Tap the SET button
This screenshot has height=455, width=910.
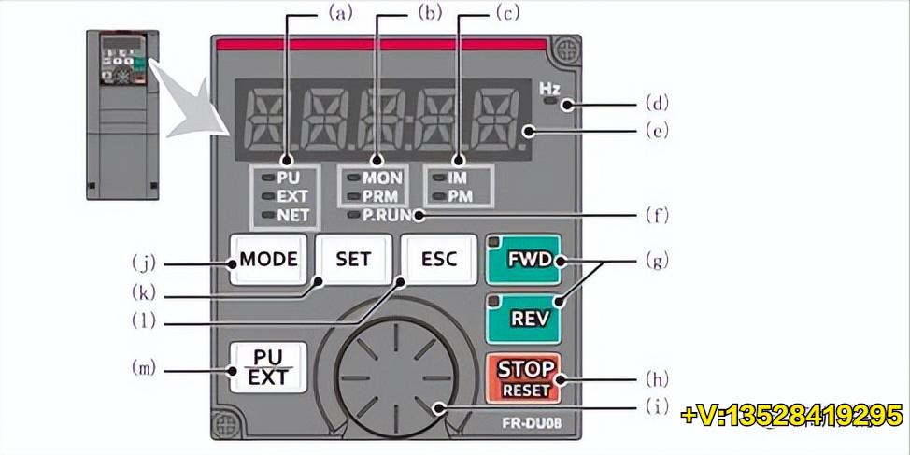tap(353, 259)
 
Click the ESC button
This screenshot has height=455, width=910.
tap(439, 259)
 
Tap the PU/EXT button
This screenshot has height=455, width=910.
tap(268, 367)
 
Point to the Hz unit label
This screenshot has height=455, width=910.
tap(550, 89)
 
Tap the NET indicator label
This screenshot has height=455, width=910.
tap(292, 216)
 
